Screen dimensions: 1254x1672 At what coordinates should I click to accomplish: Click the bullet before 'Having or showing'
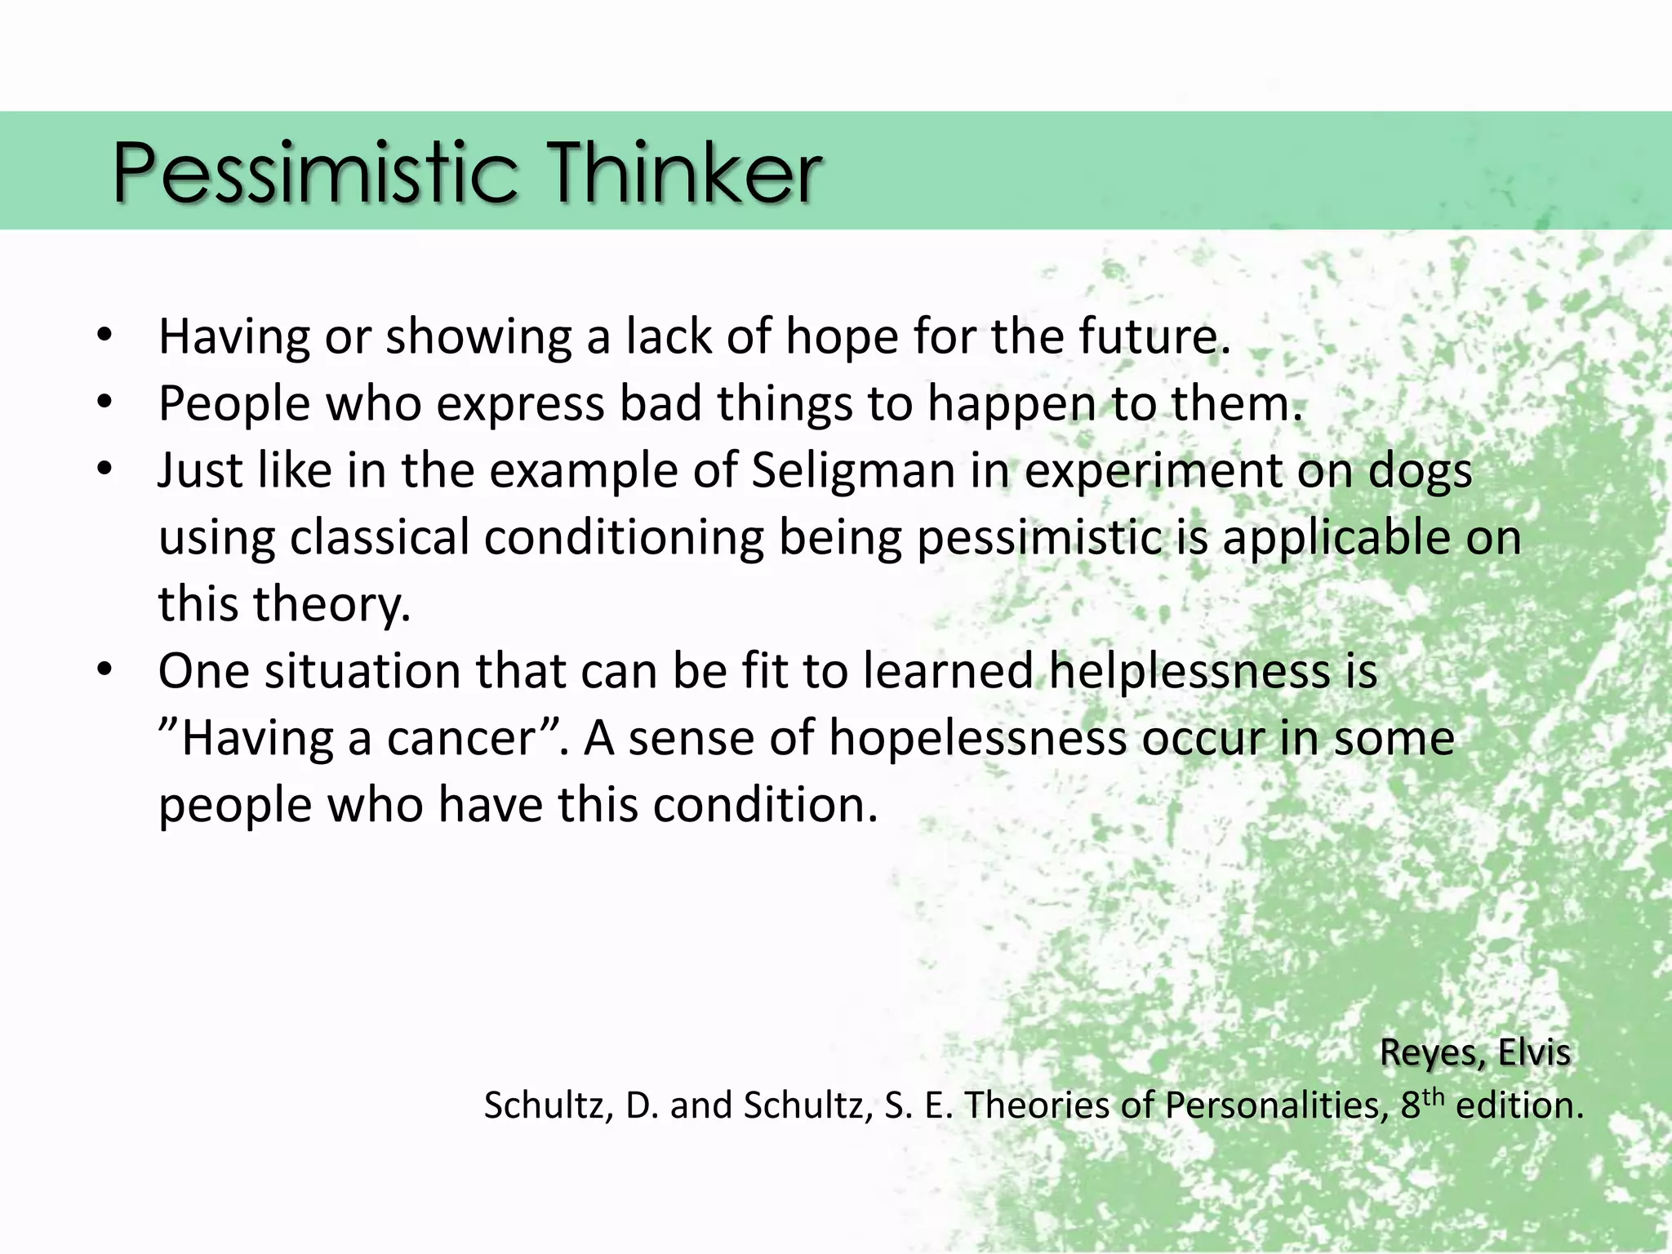pyautogui.click(x=104, y=336)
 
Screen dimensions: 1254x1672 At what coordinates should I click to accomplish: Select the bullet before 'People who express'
pyautogui.click(x=104, y=402)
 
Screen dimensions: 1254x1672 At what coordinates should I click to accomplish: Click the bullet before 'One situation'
pyautogui.click(x=104, y=670)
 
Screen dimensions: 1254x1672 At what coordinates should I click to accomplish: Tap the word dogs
pyautogui.click(x=1420, y=473)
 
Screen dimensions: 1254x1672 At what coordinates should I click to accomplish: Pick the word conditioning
pyautogui.click(x=624, y=540)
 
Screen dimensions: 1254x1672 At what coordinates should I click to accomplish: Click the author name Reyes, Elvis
pyautogui.click(x=1474, y=1052)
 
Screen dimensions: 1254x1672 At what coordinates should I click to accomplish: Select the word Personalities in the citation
pyautogui.click(x=1276, y=1105)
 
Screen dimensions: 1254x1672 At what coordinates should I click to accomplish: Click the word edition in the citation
pyautogui.click(x=1519, y=1105)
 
